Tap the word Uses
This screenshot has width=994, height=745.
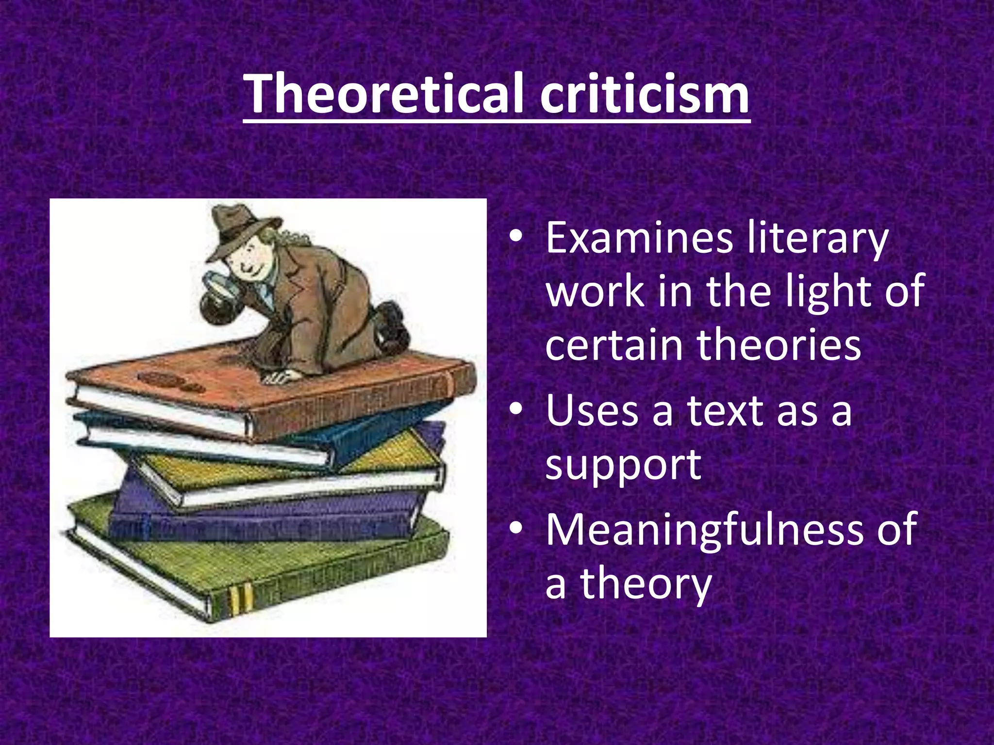coord(592,411)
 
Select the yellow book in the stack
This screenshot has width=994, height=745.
coord(291,466)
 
